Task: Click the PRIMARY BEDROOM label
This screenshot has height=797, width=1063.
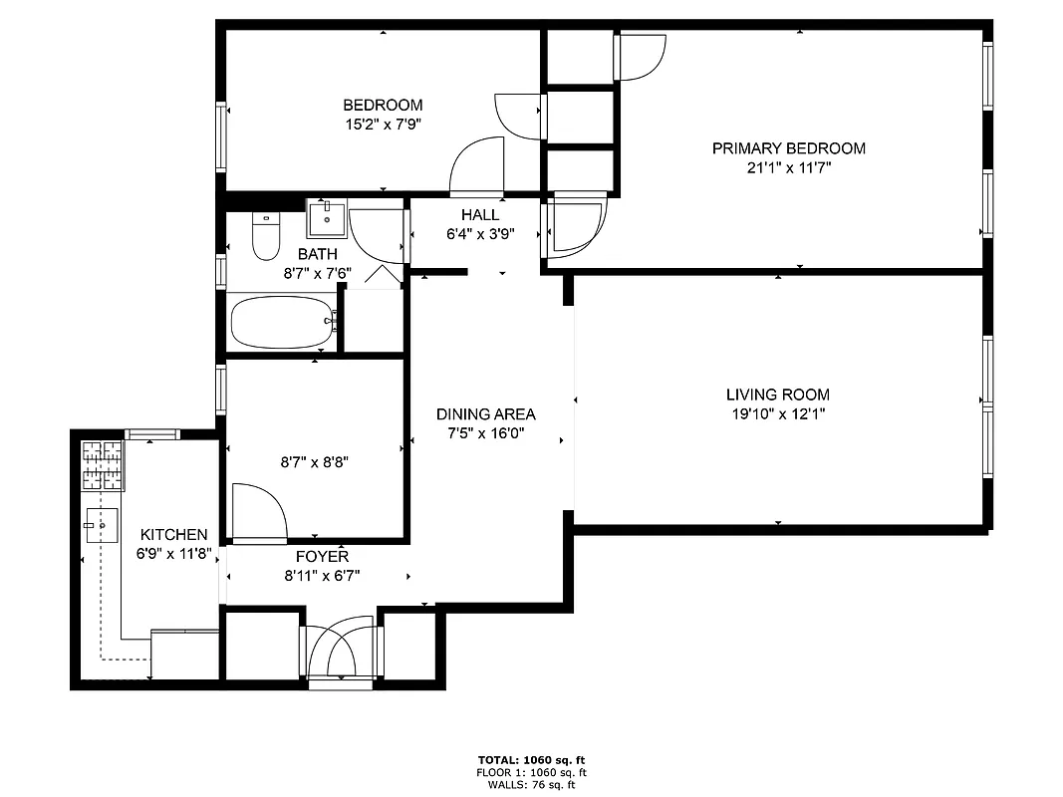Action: point(788,148)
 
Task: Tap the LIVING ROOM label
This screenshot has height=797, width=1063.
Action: point(777,395)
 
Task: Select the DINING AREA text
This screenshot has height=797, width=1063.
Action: point(485,414)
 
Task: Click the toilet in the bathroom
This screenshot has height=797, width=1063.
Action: point(266,237)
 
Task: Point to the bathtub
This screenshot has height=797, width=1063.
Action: point(282,322)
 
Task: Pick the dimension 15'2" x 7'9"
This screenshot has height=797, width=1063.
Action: point(383,125)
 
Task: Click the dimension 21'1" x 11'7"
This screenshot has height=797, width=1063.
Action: point(788,168)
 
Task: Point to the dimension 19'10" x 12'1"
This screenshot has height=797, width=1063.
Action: point(777,414)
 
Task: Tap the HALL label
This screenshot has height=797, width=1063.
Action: point(480,215)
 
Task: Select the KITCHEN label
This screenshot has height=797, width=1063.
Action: point(173,535)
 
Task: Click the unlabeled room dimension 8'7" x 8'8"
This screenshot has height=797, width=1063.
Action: point(315,461)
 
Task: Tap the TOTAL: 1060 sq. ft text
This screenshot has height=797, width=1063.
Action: point(530,759)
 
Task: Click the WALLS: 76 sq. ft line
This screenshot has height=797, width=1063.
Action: point(530,784)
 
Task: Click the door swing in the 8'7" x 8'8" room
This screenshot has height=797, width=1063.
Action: point(259,510)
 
